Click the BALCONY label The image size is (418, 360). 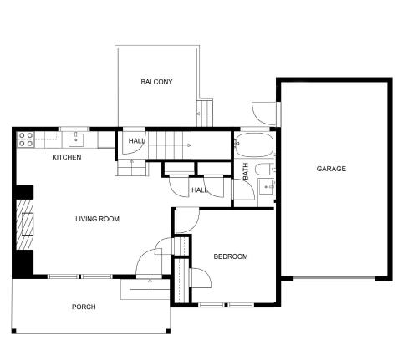click(x=156, y=82)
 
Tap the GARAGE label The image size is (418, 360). click(x=331, y=169)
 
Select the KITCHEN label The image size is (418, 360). click(x=67, y=157)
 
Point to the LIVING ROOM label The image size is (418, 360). click(x=97, y=219)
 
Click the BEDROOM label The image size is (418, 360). click(x=231, y=256)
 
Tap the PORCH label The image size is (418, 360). click(x=84, y=307)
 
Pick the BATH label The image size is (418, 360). click(x=246, y=171)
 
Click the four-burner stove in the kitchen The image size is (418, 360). click(x=26, y=139)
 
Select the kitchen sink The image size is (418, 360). click(x=76, y=139)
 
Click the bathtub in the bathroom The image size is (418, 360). click(x=253, y=145)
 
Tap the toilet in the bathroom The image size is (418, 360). click(x=264, y=170)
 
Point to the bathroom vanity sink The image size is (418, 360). click(x=266, y=187)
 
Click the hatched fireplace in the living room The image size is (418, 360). click(x=24, y=225)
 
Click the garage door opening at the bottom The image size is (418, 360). click(x=334, y=278)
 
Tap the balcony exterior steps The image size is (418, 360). click(x=205, y=113)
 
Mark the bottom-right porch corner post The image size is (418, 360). click(x=168, y=331)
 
